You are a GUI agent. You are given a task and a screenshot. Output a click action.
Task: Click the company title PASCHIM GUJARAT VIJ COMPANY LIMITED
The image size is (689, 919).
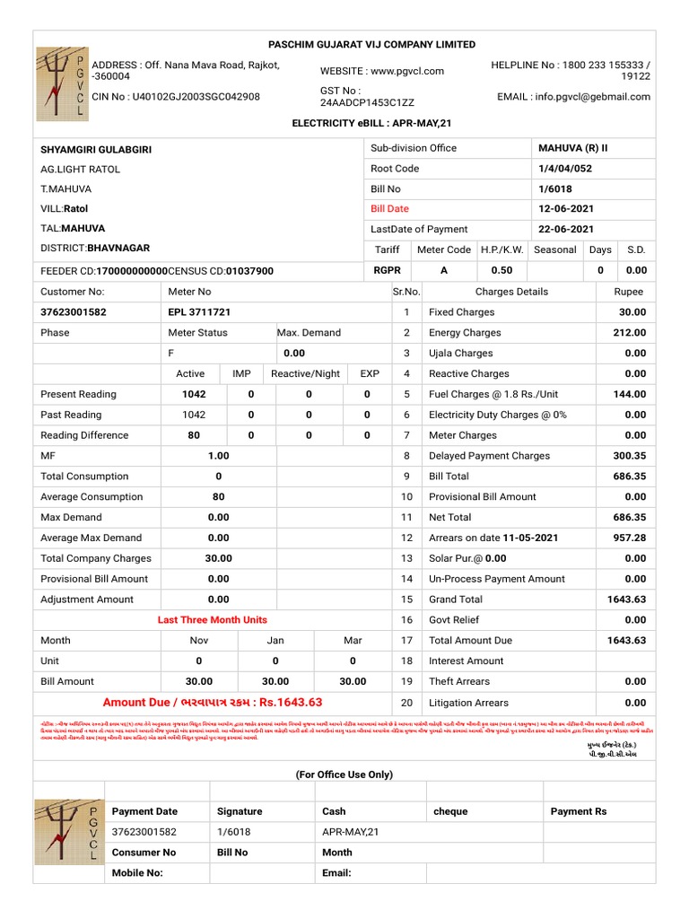click(x=372, y=45)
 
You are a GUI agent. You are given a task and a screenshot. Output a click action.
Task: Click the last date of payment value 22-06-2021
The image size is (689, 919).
click(x=568, y=229)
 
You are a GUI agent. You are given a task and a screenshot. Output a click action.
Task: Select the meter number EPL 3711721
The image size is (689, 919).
click(x=199, y=312)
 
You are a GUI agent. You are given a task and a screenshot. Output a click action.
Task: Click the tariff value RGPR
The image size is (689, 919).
click(x=387, y=270)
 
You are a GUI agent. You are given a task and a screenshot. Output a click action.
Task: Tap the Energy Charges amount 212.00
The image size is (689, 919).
click(x=629, y=333)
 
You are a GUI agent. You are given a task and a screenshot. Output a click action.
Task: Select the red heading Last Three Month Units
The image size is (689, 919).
click(x=212, y=620)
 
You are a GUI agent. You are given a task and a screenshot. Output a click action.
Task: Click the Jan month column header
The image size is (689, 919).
click(x=275, y=641)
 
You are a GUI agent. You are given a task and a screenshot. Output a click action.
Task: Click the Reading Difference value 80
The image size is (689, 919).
click(x=194, y=435)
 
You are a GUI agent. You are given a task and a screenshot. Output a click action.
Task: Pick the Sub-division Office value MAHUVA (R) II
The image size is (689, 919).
click(x=572, y=148)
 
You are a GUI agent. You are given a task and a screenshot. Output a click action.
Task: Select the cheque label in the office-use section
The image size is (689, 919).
click(x=450, y=811)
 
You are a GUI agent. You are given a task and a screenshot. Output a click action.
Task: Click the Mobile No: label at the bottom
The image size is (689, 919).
click(x=137, y=872)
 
